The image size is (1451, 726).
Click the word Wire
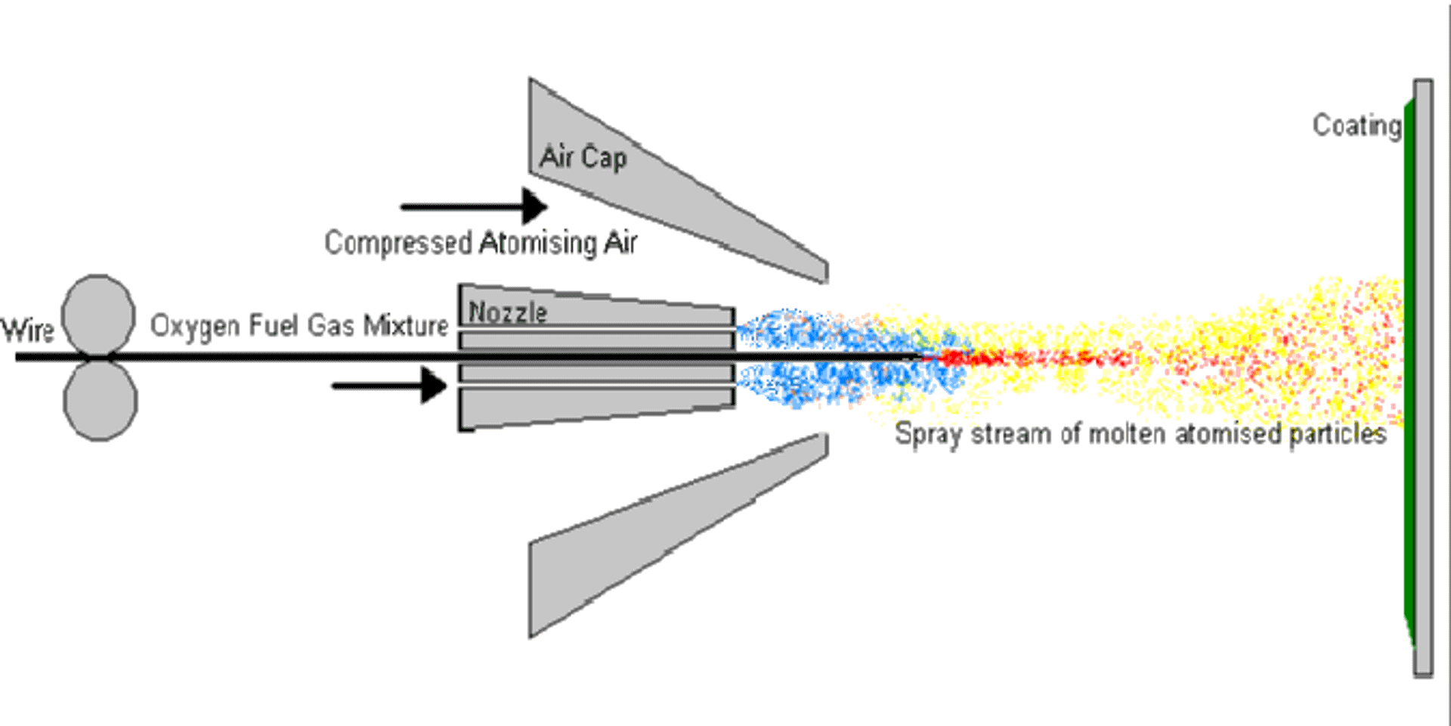click(28, 330)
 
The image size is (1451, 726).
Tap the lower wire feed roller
click(101, 401)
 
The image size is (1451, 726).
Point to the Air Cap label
click(583, 157)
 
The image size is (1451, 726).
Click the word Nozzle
click(508, 312)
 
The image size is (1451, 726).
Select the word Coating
click(1357, 126)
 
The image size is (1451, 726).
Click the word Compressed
click(398, 244)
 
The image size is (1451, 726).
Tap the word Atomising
click(538, 244)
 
